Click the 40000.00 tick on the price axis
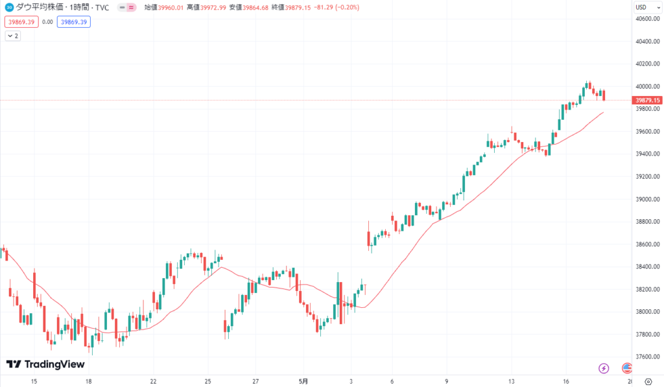pyautogui.click(x=648, y=87)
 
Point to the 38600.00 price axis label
pyautogui.click(x=648, y=244)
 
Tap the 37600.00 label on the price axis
pyautogui.click(x=648, y=357)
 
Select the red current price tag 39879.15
pyautogui.click(x=648, y=100)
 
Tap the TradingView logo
pyautogui.click(x=45, y=364)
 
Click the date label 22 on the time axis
pyautogui.click(x=153, y=381)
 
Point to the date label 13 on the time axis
pyautogui.click(x=511, y=381)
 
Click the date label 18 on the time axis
pyautogui.click(x=88, y=381)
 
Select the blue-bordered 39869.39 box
pyautogui.click(x=74, y=21)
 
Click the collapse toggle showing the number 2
pyautogui.click(x=12, y=36)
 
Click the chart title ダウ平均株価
pyautogui.click(x=38, y=8)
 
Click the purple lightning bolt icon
pyautogui.click(x=604, y=368)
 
